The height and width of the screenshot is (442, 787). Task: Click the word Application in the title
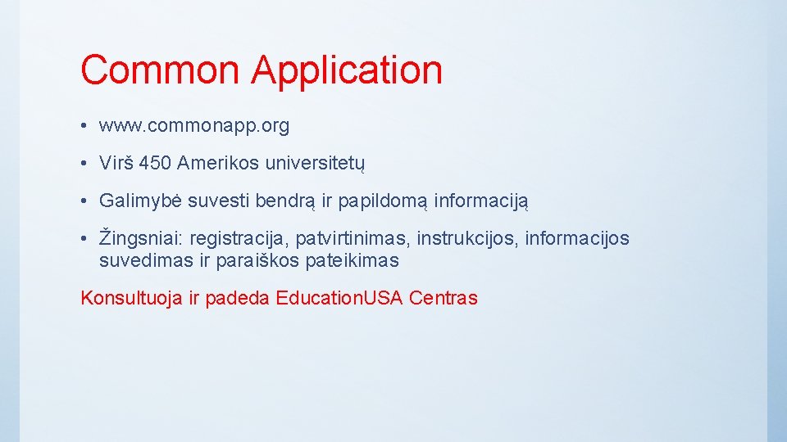click(x=347, y=71)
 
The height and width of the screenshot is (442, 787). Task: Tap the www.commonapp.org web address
click(x=194, y=126)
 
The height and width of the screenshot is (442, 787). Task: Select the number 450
click(x=155, y=163)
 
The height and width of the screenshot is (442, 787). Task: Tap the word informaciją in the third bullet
click(x=482, y=201)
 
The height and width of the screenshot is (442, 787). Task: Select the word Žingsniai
click(x=141, y=238)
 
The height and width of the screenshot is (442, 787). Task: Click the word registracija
click(x=239, y=238)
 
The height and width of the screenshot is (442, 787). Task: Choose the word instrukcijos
click(x=467, y=238)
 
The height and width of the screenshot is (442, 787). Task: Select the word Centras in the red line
click(x=443, y=298)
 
